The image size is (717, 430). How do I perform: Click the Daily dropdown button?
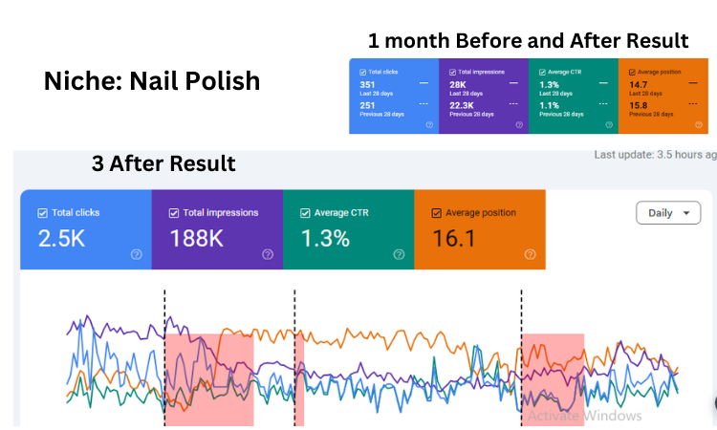click(x=667, y=213)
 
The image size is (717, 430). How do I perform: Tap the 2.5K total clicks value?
click(x=61, y=239)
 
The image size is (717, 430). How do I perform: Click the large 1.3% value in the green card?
click(x=325, y=239)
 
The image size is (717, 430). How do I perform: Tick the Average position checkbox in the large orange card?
click(x=437, y=213)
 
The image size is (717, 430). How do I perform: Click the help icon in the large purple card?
click(x=267, y=254)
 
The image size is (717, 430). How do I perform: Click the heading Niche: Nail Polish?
click(x=152, y=81)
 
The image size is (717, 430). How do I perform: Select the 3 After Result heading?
click(x=163, y=163)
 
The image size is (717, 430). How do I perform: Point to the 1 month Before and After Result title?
click(x=528, y=41)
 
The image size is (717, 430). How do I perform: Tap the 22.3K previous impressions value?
click(x=461, y=107)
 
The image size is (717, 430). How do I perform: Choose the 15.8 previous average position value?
click(x=639, y=107)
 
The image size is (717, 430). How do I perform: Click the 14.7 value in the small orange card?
click(x=639, y=85)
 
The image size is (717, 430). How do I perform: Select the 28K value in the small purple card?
click(x=457, y=85)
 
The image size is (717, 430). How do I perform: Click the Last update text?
click(x=654, y=155)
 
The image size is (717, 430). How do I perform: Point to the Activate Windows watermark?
click(x=584, y=416)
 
